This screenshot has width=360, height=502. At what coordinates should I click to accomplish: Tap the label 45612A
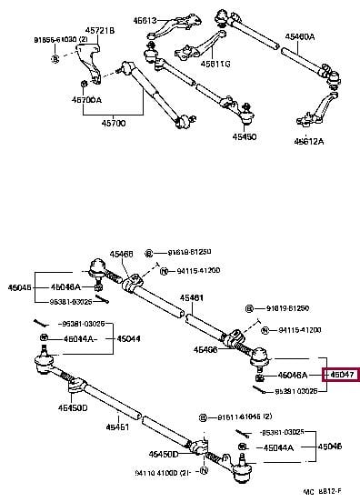coord(310,141)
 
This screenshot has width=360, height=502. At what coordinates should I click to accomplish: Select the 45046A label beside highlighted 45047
coord(295,374)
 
